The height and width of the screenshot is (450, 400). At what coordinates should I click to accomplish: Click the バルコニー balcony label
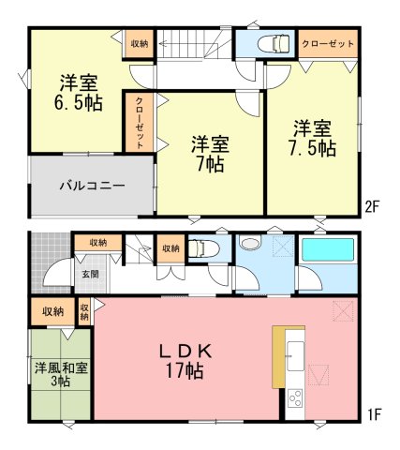(x=92, y=186)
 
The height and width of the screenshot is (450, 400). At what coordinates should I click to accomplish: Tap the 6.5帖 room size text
(x=79, y=103)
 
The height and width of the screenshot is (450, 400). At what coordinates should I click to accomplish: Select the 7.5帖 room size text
(x=312, y=148)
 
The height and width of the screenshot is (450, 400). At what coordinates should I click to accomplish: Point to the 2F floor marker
(x=372, y=206)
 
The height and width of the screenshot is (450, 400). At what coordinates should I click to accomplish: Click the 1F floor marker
(x=374, y=414)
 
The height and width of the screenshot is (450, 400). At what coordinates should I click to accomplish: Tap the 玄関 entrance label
(x=91, y=274)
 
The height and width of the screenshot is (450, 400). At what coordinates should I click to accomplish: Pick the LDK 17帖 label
(x=185, y=361)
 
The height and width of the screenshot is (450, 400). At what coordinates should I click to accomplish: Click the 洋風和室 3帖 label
(x=61, y=374)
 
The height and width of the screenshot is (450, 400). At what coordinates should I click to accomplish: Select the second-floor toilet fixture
(x=274, y=43)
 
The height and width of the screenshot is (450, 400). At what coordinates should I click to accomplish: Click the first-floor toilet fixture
(x=204, y=248)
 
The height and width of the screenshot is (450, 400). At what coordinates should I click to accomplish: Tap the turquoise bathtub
(x=328, y=249)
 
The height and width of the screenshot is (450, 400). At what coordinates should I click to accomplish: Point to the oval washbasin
(x=250, y=244)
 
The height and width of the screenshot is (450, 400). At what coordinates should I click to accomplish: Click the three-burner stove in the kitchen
(x=295, y=397)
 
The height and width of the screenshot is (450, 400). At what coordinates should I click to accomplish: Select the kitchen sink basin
(x=295, y=355)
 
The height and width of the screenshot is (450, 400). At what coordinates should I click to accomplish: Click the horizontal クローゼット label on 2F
(x=328, y=44)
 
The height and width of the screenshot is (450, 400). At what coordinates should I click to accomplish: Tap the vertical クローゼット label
(x=140, y=123)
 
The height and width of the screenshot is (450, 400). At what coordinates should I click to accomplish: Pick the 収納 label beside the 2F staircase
(x=140, y=44)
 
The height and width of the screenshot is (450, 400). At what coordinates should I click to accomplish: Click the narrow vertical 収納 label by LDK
(x=84, y=312)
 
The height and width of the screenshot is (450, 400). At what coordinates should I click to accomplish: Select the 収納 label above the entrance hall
(x=98, y=243)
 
